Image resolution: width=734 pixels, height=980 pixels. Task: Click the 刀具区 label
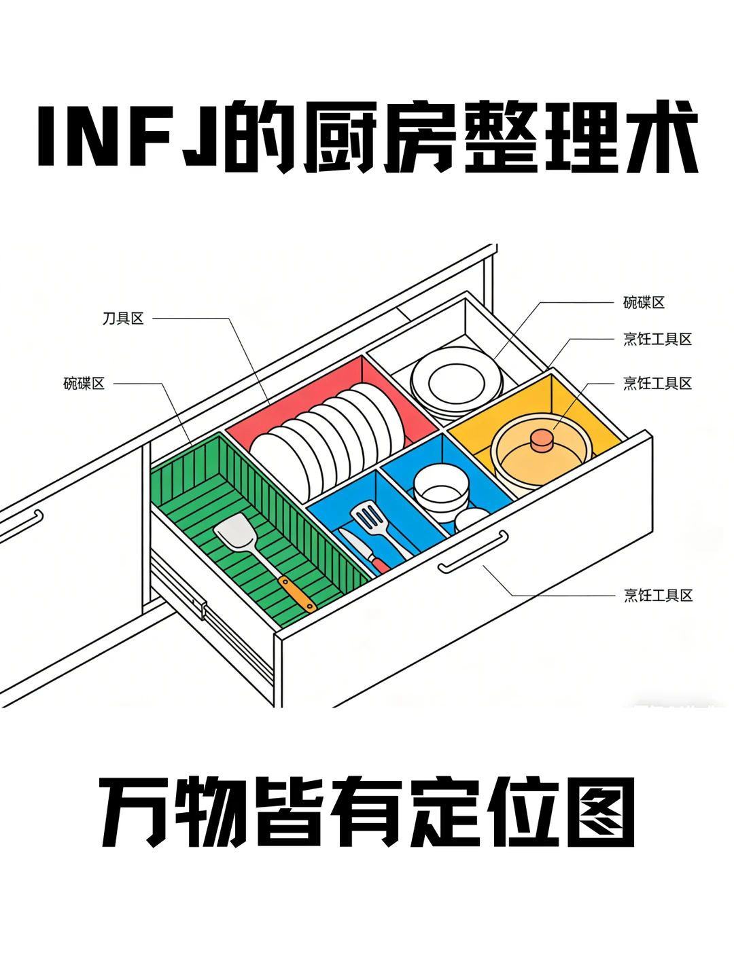tap(123, 319)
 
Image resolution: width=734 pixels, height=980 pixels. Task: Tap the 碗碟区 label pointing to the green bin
tap(84, 384)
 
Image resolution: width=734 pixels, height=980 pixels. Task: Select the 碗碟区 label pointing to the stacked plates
tap(644, 303)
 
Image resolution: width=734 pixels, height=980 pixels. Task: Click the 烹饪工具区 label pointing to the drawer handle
tap(658, 596)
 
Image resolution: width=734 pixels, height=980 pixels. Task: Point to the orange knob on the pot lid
tap(542, 440)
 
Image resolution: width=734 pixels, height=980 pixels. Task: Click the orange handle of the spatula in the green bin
tap(297, 594)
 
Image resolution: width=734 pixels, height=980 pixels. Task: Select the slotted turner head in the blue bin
tap(367, 518)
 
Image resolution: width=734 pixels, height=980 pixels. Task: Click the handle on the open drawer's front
tap(474, 551)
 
